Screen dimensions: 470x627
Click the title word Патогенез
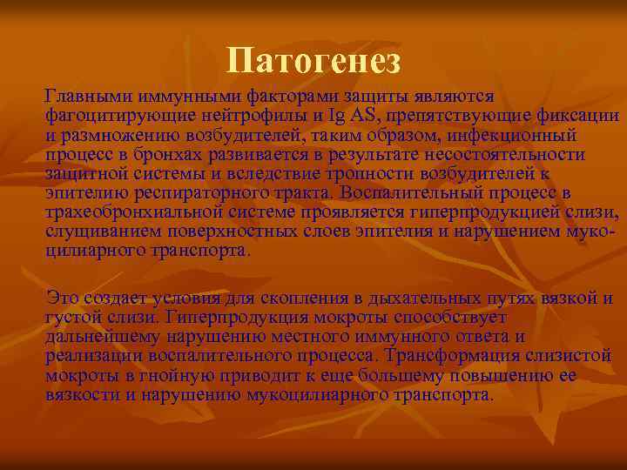coord(313,61)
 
